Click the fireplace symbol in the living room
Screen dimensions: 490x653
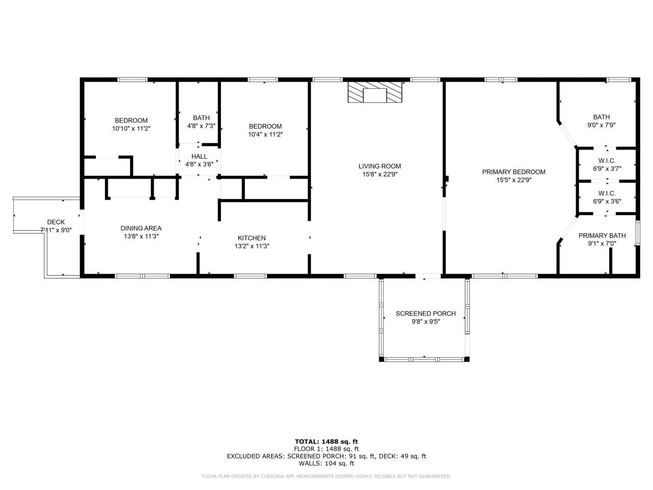375,92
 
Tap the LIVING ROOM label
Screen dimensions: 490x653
380,166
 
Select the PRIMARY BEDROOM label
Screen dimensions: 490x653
514,172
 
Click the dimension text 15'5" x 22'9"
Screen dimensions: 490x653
514,180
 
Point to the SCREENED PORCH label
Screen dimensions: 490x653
425,313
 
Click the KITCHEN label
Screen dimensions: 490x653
252,238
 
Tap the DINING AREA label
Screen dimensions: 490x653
141,228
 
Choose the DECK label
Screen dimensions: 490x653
56,222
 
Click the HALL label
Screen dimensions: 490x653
199,156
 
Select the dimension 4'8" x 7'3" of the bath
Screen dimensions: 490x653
201,126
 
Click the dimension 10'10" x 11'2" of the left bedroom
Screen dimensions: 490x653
131,129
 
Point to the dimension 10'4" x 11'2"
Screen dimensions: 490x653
265,134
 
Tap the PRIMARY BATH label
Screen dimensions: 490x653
602,235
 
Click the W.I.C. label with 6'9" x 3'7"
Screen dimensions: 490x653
607,160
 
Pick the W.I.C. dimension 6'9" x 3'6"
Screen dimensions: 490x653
607,201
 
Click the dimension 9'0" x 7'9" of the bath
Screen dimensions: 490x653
601,125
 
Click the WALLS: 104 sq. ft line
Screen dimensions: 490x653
326,463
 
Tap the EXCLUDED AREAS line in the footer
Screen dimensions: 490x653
326,456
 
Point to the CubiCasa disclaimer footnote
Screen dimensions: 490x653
326,476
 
